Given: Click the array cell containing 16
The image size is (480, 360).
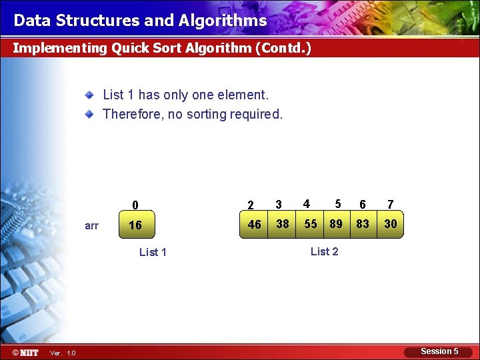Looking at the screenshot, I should (x=135, y=225).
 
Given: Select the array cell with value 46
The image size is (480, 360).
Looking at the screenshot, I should (x=254, y=225).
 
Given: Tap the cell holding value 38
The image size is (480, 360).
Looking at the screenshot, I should (x=283, y=224).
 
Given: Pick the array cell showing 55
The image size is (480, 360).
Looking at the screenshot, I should (x=311, y=224).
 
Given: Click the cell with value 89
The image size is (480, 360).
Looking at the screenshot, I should (x=336, y=224).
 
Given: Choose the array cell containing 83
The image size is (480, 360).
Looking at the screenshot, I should (x=363, y=224).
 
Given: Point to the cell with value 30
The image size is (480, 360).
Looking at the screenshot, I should (x=391, y=224).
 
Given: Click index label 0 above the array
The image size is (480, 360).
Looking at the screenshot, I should (x=135, y=205).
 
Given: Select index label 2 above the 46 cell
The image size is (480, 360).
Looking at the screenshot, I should (x=251, y=205).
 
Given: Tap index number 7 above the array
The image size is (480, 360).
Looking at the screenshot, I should (x=391, y=205).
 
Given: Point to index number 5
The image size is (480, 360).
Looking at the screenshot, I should (x=338, y=204).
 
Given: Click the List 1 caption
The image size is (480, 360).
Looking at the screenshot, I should (x=153, y=252).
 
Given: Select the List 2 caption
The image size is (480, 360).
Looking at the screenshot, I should (x=325, y=251).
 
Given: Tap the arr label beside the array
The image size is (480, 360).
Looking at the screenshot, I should (x=92, y=226).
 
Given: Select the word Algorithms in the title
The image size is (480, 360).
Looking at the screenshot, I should (x=223, y=21).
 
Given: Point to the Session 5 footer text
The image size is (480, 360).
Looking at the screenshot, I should (x=439, y=351).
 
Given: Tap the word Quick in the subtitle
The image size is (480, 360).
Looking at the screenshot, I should (x=131, y=48).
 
